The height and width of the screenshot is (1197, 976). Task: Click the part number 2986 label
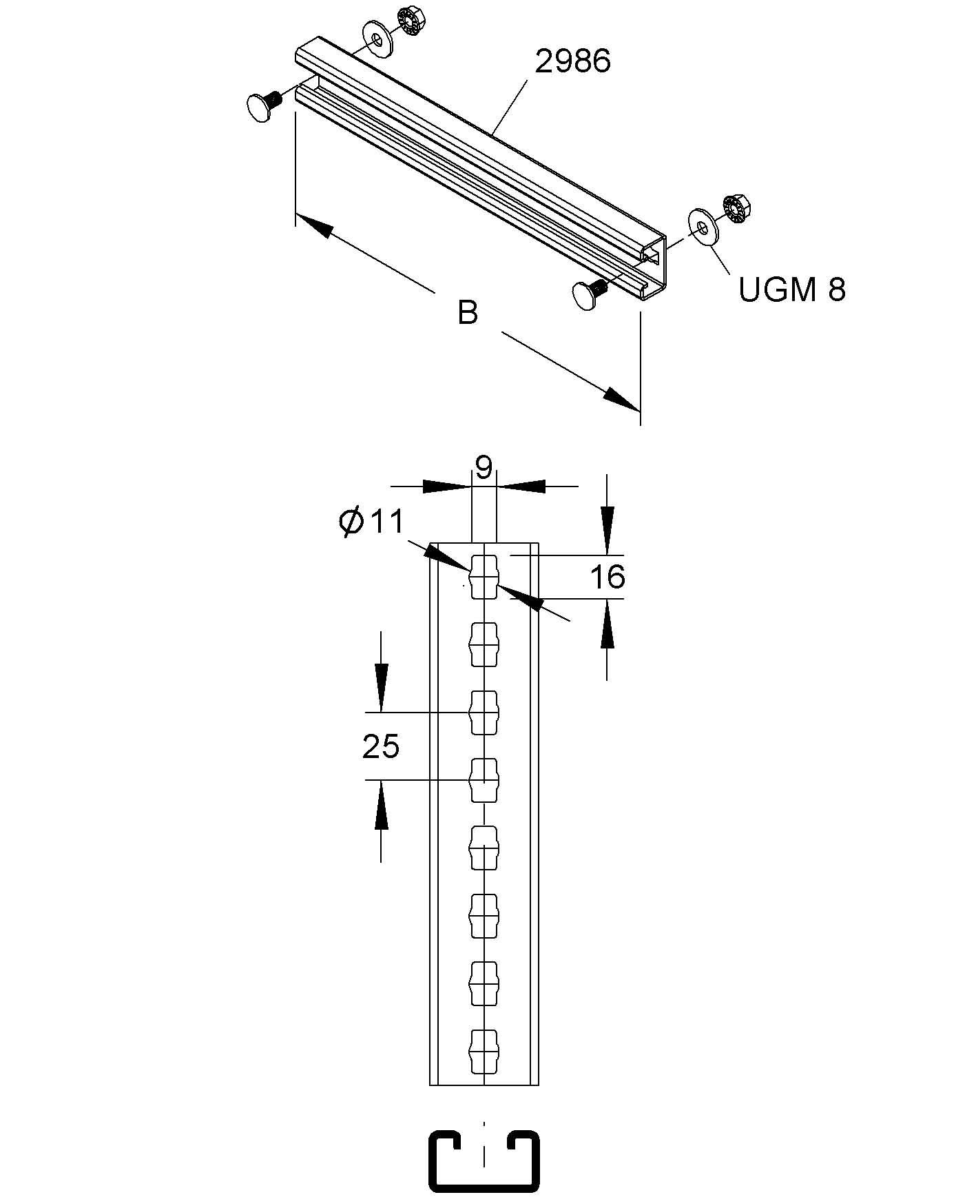[x=572, y=61]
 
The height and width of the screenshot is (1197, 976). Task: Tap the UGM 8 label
[x=791, y=289]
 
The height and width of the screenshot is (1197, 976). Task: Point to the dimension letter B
[x=468, y=312]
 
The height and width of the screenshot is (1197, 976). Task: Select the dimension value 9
[x=484, y=469]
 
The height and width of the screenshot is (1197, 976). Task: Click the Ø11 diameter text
[x=372, y=522]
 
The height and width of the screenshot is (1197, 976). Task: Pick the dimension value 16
[x=608, y=577]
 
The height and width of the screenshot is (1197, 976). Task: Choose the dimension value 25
[x=381, y=746]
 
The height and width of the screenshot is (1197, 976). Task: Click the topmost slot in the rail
[x=484, y=576]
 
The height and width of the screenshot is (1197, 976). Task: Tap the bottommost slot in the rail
[x=484, y=1052]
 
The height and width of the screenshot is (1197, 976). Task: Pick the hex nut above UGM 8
[x=738, y=209]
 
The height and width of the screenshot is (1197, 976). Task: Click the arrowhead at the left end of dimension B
[x=314, y=225]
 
